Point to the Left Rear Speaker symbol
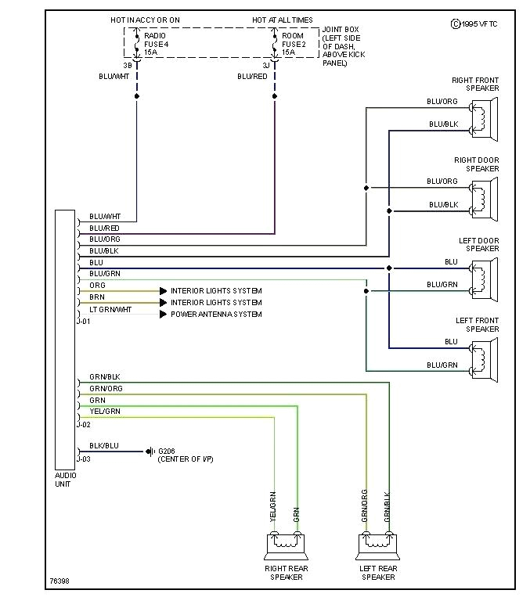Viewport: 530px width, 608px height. point(378,542)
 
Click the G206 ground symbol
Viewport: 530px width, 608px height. point(150,452)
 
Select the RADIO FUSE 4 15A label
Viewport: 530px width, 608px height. point(157,44)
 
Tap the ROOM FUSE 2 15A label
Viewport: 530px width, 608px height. point(294,44)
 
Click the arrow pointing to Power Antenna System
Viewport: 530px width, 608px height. point(163,315)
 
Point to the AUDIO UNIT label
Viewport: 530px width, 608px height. point(64,480)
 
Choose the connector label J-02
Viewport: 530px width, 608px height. point(84,425)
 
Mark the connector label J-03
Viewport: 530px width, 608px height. point(84,459)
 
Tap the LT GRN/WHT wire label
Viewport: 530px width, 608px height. point(110,310)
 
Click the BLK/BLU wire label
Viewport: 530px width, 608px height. point(104,445)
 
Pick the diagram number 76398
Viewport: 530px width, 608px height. point(60,582)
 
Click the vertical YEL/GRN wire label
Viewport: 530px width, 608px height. point(273,506)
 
